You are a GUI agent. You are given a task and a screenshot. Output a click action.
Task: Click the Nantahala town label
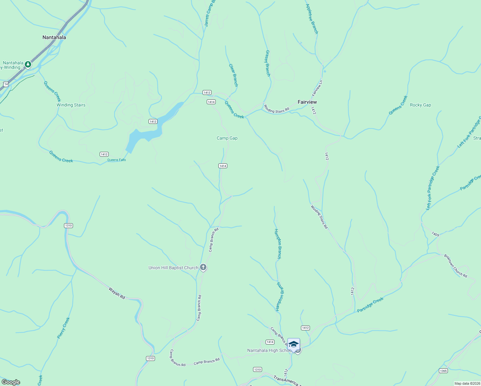click(54, 38)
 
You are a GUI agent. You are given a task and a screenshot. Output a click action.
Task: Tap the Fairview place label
click(307, 102)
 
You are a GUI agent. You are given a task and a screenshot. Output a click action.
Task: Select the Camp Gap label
click(227, 138)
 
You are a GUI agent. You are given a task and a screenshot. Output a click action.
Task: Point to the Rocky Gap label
click(420, 105)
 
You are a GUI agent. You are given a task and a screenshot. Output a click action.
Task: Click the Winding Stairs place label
click(71, 105)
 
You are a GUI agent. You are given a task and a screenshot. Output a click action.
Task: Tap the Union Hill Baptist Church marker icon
click(203, 267)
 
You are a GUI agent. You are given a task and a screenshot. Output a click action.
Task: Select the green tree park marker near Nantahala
click(28, 65)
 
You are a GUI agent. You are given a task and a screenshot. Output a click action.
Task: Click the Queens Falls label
click(116, 160)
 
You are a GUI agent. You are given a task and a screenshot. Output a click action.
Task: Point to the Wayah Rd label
click(117, 293)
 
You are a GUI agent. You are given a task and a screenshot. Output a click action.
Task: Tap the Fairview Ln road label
click(317, 88)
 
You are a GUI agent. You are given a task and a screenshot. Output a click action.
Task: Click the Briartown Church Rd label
click(456, 266)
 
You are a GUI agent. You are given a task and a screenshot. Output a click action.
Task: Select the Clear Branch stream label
click(233, 75)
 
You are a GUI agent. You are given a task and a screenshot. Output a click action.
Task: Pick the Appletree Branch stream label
click(312, 19)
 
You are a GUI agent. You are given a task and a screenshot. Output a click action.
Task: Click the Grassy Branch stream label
click(268, 63)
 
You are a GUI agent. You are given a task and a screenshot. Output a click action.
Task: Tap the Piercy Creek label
click(63, 328)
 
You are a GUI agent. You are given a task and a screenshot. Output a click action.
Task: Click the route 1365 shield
click(443, 371)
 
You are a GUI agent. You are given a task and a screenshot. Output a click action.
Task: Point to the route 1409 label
click(435, 234)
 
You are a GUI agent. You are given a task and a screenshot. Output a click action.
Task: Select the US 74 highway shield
click(6, 84)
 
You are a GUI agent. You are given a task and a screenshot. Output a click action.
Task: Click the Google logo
click(11, 382)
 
